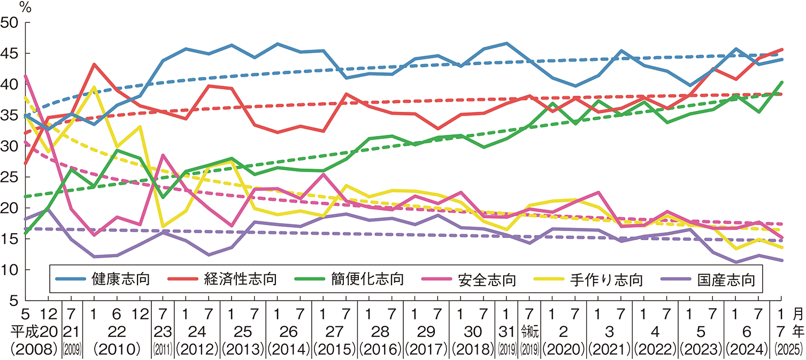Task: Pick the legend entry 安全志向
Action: pos(487,279)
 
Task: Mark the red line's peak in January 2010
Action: pos(94,64)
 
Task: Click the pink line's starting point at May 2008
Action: pos(26,76)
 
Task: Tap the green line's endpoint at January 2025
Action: pos(782,82)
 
